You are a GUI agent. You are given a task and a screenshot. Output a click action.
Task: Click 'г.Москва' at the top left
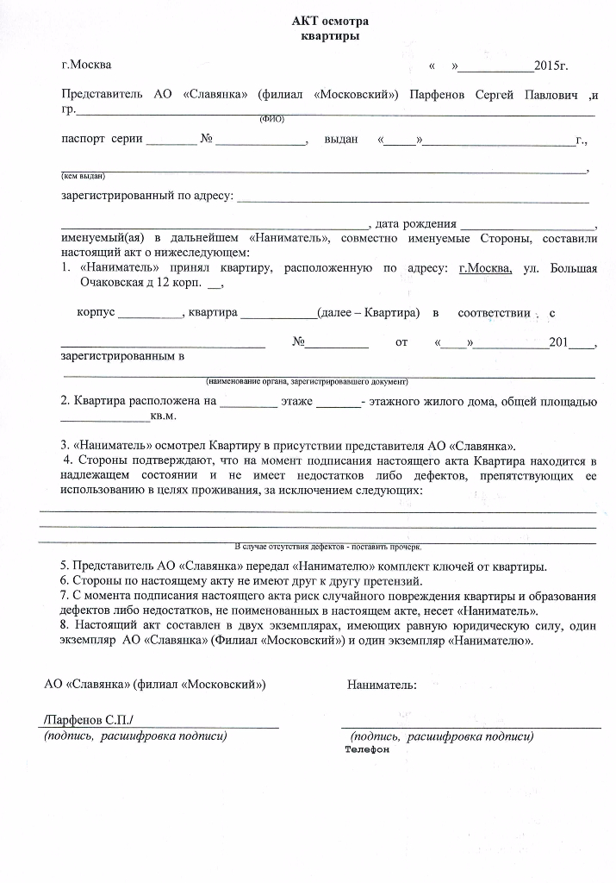pos(86,65)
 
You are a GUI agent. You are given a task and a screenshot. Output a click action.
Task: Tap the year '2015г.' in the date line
pos(551,66)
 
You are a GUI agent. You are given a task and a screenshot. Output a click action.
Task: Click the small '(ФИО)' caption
pos(271,118)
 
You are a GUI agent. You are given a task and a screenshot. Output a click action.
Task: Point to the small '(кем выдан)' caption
pos(83,176)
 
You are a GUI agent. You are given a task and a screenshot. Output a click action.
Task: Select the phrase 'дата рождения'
pos(417,224)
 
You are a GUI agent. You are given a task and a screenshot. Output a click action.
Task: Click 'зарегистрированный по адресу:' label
pos(146,196)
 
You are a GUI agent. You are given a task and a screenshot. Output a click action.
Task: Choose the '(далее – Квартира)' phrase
pos(369,312)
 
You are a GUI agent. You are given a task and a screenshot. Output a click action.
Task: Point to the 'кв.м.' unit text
pos(164,416)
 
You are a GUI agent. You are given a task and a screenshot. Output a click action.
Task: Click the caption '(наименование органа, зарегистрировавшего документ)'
pos(306,380)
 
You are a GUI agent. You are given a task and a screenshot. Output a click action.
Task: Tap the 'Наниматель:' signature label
pos(383,685)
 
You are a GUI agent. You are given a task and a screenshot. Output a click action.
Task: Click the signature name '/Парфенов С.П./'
pos(89,720)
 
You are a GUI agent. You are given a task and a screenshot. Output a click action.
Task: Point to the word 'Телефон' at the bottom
pos(368,750)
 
